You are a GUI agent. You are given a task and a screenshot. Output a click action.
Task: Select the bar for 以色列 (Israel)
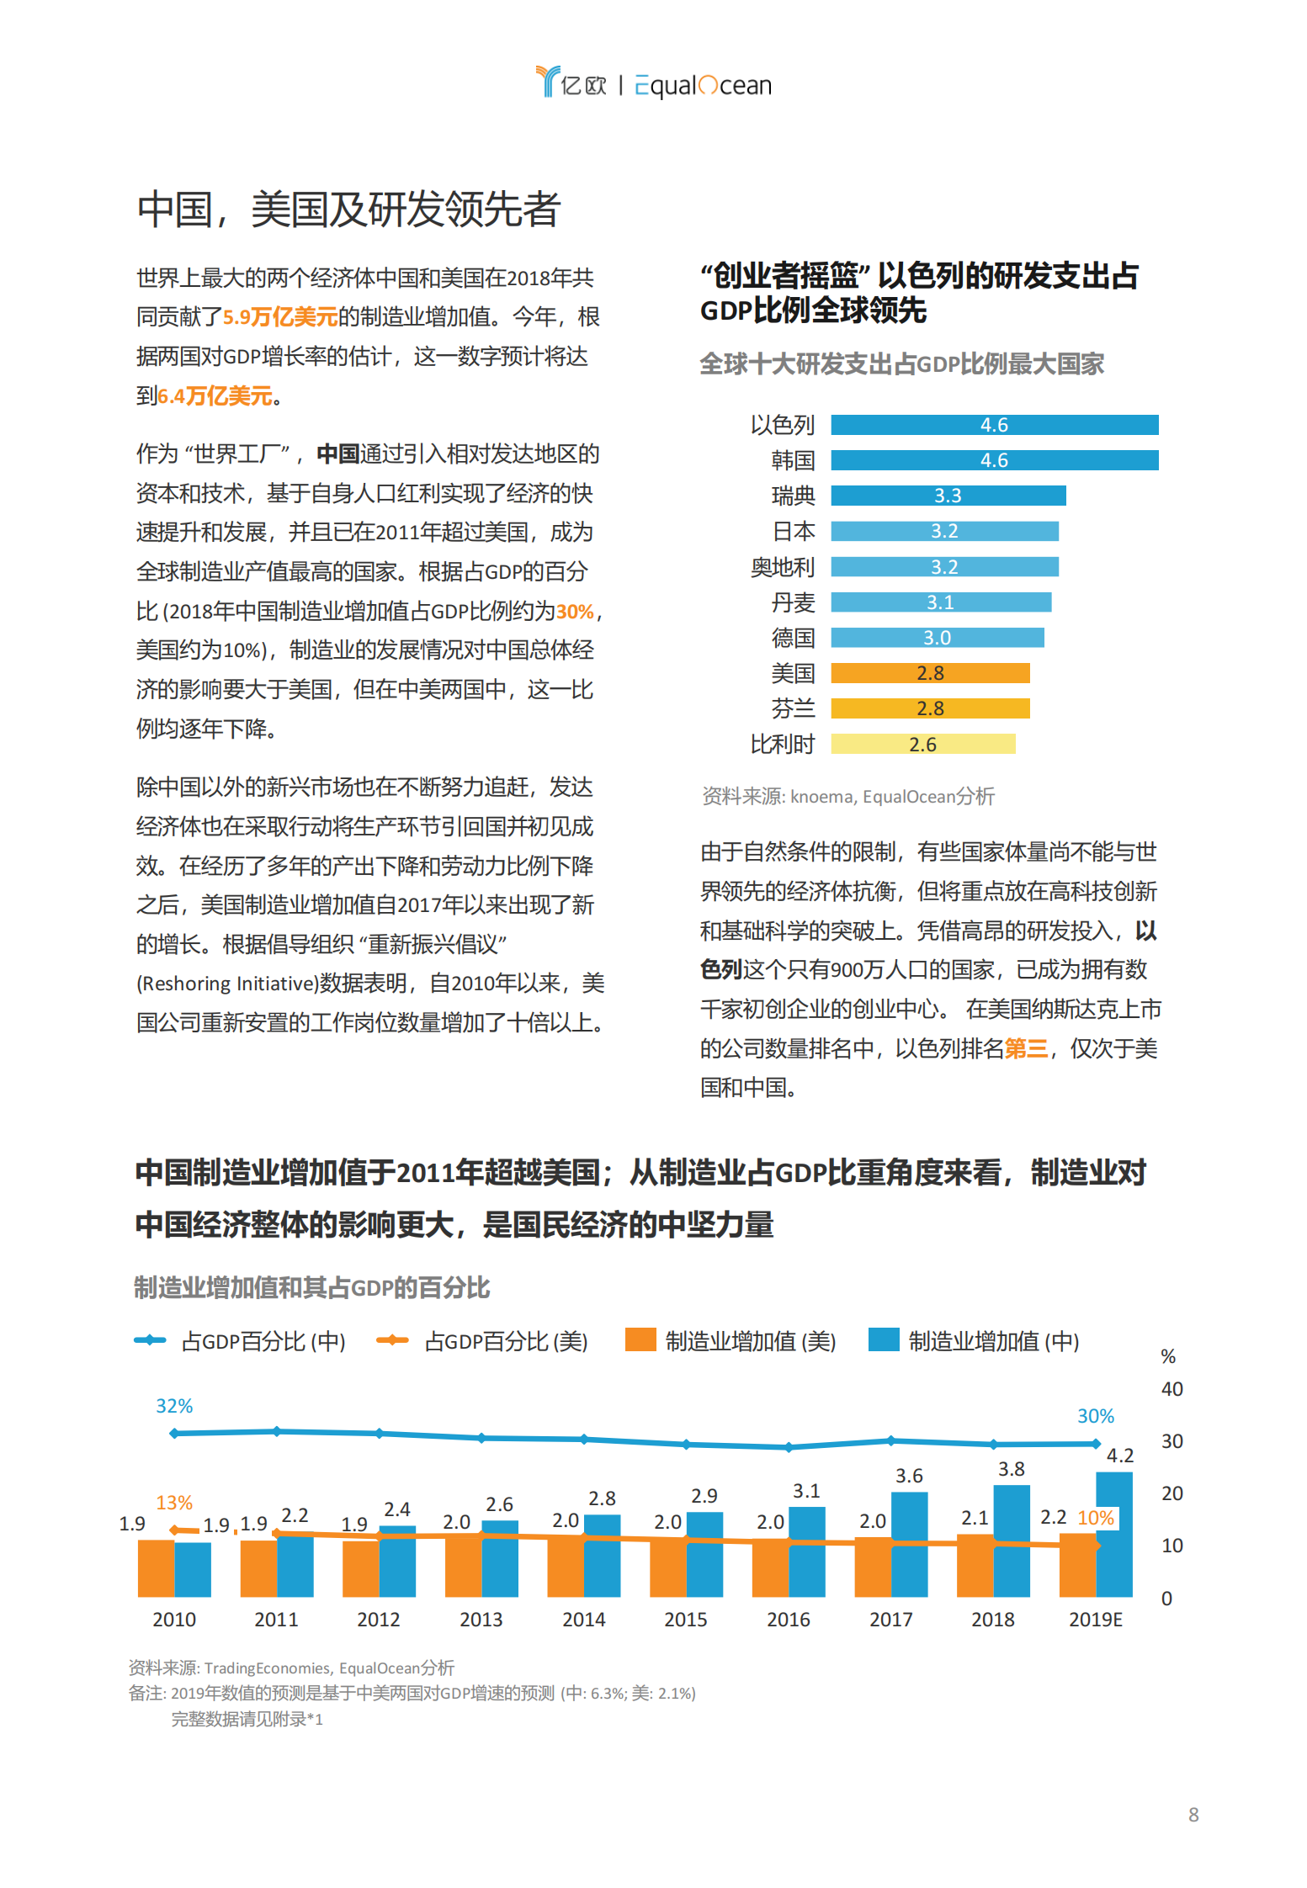(993, 425)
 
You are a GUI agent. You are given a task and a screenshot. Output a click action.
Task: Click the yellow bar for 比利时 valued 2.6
(922, 744)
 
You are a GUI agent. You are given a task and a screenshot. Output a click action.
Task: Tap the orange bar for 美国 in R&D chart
(929, 673)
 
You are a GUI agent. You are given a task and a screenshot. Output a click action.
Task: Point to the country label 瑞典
(793, 496)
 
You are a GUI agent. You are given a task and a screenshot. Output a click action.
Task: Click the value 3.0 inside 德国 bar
(936, 638)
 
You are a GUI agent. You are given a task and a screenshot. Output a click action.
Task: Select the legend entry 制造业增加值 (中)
(975, 1341)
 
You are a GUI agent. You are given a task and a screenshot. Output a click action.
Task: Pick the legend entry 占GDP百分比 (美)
(483, 1341)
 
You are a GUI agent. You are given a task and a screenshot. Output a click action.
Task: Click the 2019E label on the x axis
(1094, 1620)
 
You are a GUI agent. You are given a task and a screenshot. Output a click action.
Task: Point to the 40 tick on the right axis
(1172, 1389)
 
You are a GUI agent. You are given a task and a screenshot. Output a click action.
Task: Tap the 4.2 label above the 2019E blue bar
(1119, 1456)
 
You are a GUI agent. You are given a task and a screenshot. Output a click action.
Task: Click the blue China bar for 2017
(909, 1544)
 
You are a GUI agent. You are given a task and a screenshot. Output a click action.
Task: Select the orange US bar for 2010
(156, 1567)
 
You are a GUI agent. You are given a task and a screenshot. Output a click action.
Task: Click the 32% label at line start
(174, 1406)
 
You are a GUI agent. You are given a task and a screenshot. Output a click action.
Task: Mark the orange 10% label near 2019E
(1096, 1518)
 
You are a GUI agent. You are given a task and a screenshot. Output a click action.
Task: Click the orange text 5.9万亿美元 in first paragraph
(280, 317)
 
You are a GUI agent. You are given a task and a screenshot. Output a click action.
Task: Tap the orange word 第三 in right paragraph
(1026, 1048)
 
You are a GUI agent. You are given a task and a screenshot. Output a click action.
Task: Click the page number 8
(1193, 1815)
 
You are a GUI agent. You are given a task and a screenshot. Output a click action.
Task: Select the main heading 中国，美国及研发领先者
(348, 209)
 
